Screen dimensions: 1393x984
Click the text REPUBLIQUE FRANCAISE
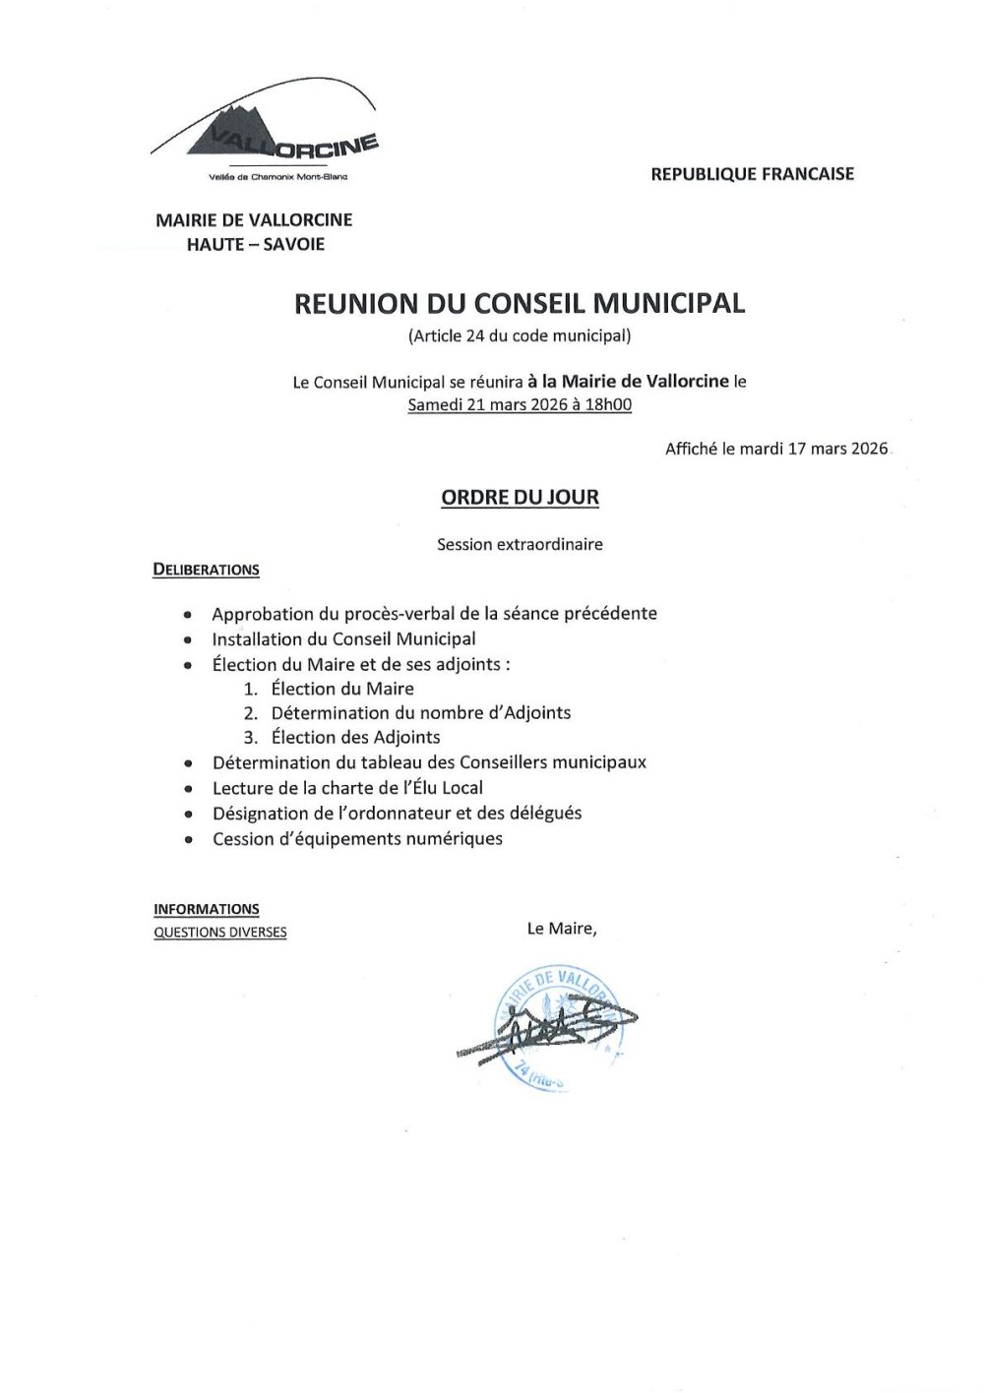tap(752, 174)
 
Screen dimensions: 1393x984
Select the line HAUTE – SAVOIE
tap(255, 244)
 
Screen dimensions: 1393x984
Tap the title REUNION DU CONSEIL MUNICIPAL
tap(520, 303)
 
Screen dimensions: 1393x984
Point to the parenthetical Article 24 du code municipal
tap(520, 335)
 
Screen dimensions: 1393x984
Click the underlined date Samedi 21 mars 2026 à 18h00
tap(520, 404)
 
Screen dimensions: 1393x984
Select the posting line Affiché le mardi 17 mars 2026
tap(776, 449)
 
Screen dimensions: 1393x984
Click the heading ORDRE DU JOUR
tap(520, 498)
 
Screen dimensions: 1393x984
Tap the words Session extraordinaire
tap(520, 544)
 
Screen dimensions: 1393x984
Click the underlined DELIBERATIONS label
tap(207, 570)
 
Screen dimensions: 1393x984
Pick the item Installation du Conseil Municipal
tap(343, 638)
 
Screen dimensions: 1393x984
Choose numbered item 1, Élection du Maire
tap(342, 689)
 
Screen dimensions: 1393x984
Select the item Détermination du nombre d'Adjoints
tap(421, 712)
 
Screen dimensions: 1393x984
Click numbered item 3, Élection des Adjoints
tap(355, 737)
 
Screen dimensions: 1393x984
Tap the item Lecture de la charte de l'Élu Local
tap(347, 787)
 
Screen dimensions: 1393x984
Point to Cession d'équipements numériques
tap(357, 838)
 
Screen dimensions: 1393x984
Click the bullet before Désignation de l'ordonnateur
tap(188, 815)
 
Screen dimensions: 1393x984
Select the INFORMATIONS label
tap(207, 909)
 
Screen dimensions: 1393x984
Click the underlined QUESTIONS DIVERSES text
tap(220, 932)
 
